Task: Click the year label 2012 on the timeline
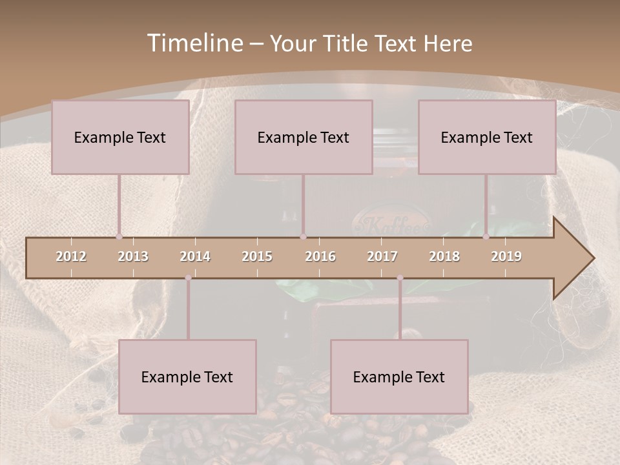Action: click(71, 256)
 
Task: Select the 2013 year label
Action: click(133, 256)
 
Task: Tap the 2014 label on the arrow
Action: click(195, 256)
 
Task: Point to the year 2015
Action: click(257, 256)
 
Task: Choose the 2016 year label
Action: click(320, 256)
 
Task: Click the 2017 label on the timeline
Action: click(382, 256)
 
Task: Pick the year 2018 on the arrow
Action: click(444, 256)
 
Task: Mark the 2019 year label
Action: click(506, 256)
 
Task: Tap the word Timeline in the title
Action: click(193, 43)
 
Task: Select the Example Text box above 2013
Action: click(120, 137)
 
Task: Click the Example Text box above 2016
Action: click(304, 137)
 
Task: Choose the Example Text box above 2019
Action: click(487, 137)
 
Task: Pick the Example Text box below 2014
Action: click(187, 377)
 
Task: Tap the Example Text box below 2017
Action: click(399, 377)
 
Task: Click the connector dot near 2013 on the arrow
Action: click(119, 236)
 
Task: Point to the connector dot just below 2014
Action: click(188, 278)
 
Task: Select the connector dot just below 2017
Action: click(400, 278)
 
